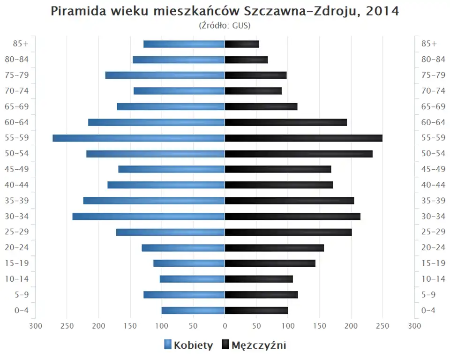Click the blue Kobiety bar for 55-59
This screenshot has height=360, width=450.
point(139,138)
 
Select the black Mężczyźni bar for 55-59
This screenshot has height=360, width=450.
point(303,138)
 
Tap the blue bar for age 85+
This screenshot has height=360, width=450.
point(184,44)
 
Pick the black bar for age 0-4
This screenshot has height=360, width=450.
point(256,310)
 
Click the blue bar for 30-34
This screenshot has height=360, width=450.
point(149,216)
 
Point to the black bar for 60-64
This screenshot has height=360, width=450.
point(286,122)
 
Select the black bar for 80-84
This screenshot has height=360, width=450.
point(246,60)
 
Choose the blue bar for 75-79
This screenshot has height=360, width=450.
point(165,75)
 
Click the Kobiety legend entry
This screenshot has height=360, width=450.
point(188,345)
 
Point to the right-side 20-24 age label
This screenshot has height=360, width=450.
point(433,247)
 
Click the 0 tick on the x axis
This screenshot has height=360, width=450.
point(225,326)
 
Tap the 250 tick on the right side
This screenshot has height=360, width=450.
point(382,326)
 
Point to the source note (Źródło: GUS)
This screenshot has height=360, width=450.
point(225,25)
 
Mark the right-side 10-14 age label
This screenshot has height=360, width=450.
point(433,279)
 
